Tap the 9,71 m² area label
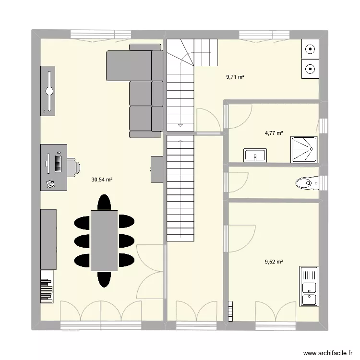(236, 76)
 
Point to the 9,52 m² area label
(274, 262)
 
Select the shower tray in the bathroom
(304, 150)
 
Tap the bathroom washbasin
(255, 156)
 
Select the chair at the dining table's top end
(104, 202)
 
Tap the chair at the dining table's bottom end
(104, 278)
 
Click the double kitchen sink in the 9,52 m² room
(308, 287)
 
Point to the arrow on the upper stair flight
(180, 125)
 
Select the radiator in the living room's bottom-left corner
(48, 287)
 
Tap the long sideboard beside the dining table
(49, 239)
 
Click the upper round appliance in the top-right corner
(310, 49)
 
